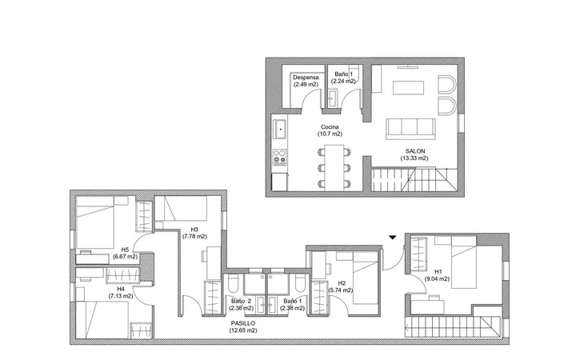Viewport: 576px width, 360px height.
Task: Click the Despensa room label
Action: tap(306, 78)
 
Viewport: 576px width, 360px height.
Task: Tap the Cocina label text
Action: tap(330, 127)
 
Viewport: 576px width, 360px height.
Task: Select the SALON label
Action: tap(415, 151)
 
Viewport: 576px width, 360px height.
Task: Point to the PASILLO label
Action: tap(243, 323)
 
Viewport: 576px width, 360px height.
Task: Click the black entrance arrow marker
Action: tap(393, 238)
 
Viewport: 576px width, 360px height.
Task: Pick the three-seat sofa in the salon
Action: tap(410, 129)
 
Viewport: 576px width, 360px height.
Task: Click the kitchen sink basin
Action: tap(280, 130)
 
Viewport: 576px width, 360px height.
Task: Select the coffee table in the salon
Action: tap(409, 88)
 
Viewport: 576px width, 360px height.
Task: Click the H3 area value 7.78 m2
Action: tap(194, 237)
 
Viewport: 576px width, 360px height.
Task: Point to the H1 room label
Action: tap(438, 272)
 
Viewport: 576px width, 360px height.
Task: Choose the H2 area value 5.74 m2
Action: tap(341, 290)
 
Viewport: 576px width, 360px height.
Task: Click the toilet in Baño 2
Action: tap(233, 282)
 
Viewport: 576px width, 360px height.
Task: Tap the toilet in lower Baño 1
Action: tap(300, 282)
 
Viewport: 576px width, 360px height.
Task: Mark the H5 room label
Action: tap(125, 250)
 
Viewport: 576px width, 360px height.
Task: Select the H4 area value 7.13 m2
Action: tap(121, 296)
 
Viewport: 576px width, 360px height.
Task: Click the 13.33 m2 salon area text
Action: tap(414, 158)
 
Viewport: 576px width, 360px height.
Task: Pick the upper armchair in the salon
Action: tap(447, 85)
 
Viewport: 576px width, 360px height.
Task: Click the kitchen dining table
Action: tap(334, 167)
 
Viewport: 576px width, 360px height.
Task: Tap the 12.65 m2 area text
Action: tap(243, 330)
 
